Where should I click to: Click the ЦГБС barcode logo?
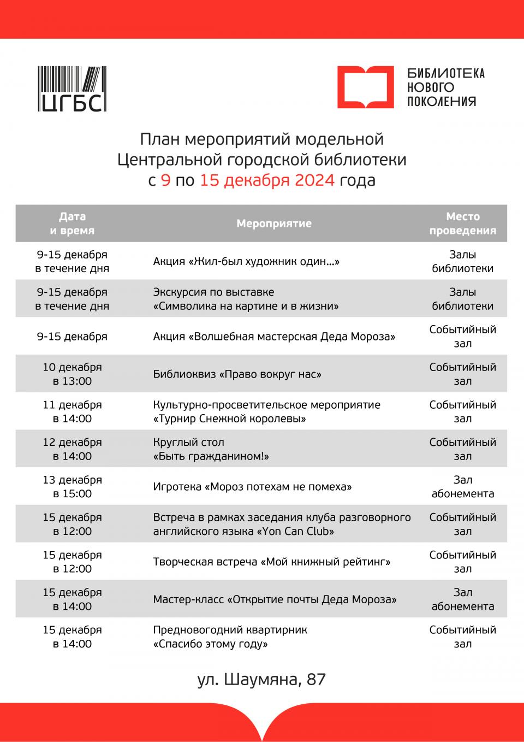(x=72, y=89)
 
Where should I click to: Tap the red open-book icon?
(x=365, y=87)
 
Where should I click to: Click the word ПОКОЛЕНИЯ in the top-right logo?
(x=442, y=102)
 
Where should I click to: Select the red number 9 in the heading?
(x=165, y=180)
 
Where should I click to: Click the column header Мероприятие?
(x=274, y=223)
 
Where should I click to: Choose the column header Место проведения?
(x=462, y=223)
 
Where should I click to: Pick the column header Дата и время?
(x=72, y=223)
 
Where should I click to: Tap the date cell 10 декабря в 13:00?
(x=72, y=374)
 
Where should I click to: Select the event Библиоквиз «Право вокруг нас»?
(x=237, y=374)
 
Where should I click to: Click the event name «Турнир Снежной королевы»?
(x=229, y=419)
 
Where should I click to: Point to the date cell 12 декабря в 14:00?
(x=72, y=449)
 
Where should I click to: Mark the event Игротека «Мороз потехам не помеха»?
(x=252, y=487)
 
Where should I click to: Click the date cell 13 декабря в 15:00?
(x=72, y=487)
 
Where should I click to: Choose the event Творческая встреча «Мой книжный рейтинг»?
(x=272, y=562)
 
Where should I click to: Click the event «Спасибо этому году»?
(x=211, y=644)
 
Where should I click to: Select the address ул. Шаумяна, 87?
(x=261, y=679)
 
